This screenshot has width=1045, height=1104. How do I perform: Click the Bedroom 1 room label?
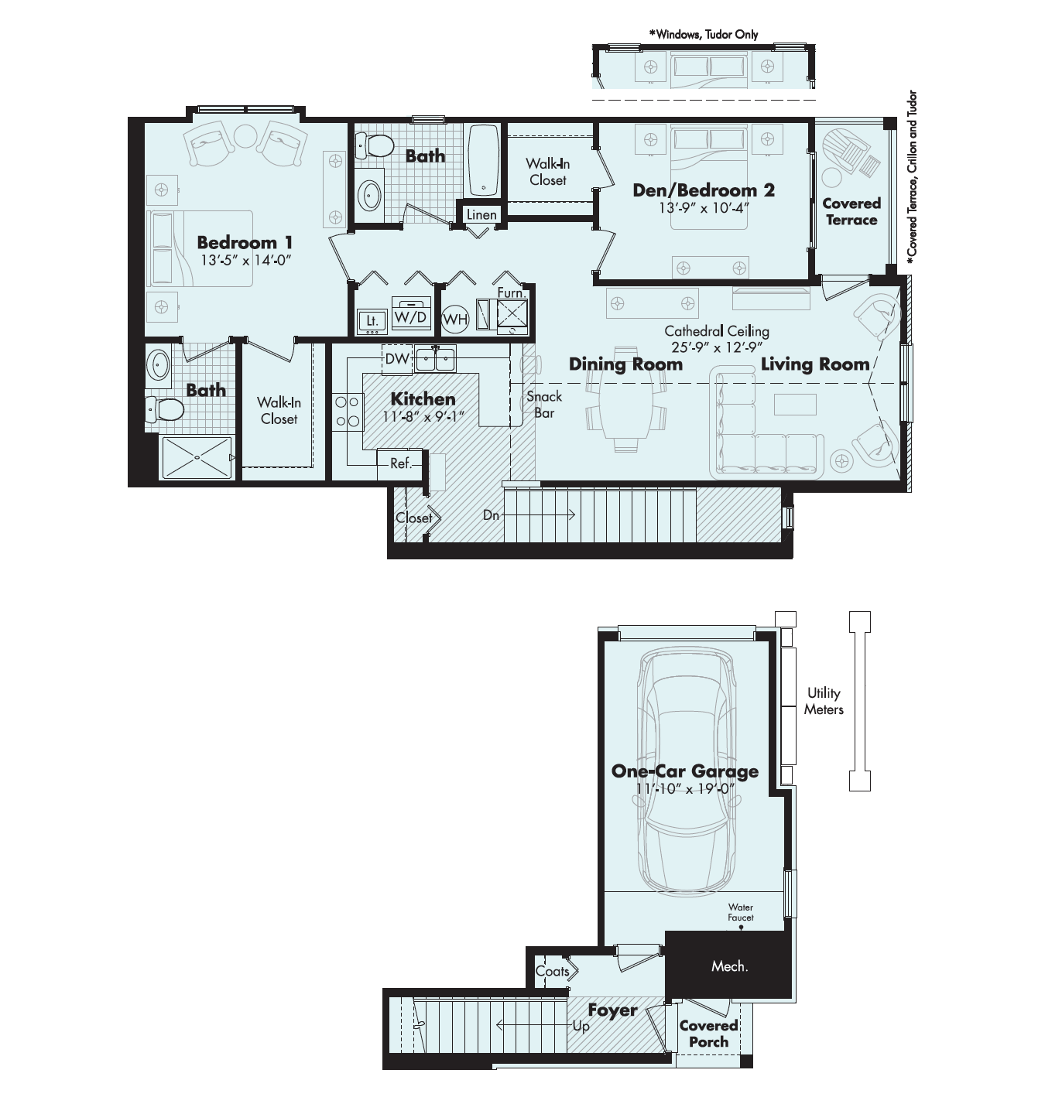tap(245, 243)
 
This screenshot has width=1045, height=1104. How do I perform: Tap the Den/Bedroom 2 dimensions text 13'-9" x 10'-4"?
tap(704, 208)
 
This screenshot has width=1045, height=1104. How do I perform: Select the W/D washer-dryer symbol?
tap(411, 316)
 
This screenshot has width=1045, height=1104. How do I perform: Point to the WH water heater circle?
tap(455, 320)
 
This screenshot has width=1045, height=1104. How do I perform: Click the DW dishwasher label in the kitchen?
tap(397, 359)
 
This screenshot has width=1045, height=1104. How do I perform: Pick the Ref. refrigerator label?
tap(401, 464)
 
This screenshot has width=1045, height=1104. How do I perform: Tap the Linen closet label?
tap(481, 214)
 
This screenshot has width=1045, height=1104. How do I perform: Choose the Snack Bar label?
tap(544, 405)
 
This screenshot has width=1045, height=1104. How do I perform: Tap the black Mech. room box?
tap(728, 965)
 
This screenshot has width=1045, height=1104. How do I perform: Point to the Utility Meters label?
tap(823, 702)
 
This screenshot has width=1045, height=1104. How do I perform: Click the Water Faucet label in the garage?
tap(741, 912)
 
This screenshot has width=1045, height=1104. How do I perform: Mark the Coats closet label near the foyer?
tap(552, 972)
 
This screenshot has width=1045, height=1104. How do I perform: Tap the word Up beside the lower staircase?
tap(581, 1027)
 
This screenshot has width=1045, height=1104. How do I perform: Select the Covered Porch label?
tap(708, 1034)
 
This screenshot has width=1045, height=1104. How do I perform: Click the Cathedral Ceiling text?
tap(716, 331)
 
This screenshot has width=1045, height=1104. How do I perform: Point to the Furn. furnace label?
tap(511, 292)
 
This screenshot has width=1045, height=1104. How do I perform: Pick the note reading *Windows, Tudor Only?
tap(704, 34)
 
